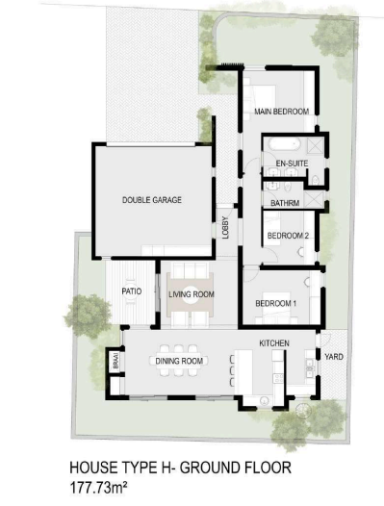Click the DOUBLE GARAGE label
click(152, 200)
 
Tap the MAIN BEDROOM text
click(282, 112)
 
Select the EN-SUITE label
click(292, 164)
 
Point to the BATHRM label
click(285, 203)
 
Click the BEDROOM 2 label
click(288, 236)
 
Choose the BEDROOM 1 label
click(276, 303)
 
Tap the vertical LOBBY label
click(225, 227)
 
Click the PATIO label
click(132, 291)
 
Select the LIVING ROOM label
click(192, 294)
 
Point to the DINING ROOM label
click(179, 361)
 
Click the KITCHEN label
click(274, 343)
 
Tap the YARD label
click(334, 357)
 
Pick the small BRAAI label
click(116, 361)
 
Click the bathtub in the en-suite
click(285, 144)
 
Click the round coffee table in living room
click(191, 294)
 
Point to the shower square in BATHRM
click(315, 199)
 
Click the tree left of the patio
click(88, 316)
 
